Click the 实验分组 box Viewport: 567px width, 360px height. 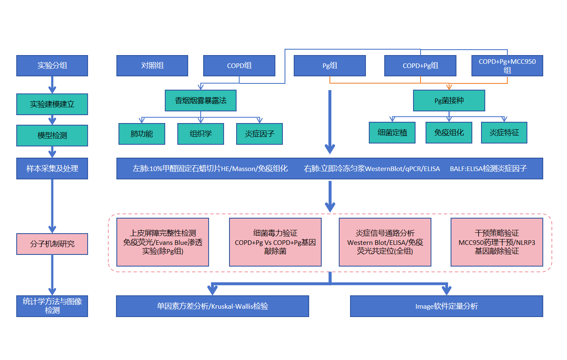tap(52, 65)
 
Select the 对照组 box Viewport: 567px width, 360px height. tap(152, 65)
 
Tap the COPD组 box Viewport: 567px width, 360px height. tap(239, 65)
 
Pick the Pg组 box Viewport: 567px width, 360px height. tap(330, 65)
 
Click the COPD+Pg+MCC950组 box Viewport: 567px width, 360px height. tap(507, 65)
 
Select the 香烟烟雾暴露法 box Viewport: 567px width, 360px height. tap(201, 101)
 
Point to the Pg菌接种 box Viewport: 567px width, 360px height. tap(449, 101)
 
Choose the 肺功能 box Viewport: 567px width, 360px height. tap(142, 133)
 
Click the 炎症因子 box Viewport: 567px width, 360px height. tap(260, 133)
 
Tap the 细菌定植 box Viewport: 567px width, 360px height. tap(392, 133)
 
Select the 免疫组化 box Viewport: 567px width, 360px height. tap(449, 133)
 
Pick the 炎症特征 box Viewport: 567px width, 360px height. tap(504, 133)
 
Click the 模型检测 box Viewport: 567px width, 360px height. tap(52, 136)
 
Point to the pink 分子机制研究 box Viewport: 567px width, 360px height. tap(52, 244)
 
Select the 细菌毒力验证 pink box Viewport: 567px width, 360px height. tap(275, 242)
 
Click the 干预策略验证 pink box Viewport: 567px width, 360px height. tap(497, 242)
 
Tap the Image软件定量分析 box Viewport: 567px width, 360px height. tap(446, 306)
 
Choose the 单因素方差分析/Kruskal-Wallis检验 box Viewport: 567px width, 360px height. tap(212, 306)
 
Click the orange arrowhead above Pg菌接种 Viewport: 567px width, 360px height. tap(449, 87)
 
